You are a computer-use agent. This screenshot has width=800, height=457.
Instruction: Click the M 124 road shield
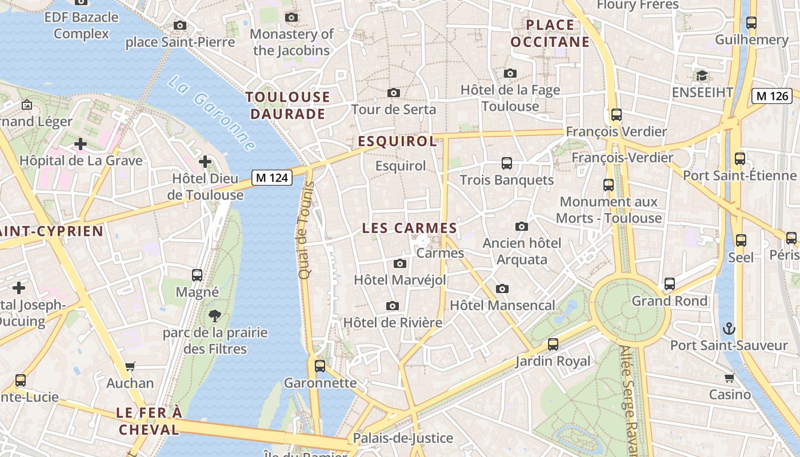tap(272, 178)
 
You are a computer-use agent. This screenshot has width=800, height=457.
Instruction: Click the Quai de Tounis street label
tap(306, 230)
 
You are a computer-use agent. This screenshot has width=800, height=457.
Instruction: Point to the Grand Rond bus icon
tap(669, 283)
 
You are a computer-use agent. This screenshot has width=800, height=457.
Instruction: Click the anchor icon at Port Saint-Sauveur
tap(729, 328)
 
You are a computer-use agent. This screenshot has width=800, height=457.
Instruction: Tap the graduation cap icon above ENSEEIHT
tap(702, 75)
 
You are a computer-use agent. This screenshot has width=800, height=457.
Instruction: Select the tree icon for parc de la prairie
tap(215, 315)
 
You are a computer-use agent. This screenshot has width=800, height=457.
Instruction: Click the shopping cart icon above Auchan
tap(130, 366)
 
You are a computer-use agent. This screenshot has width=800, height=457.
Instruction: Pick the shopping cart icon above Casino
tap(730, 378)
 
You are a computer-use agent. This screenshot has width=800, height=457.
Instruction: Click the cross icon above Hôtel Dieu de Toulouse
tap(205, 162)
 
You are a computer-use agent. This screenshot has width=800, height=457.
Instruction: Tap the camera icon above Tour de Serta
tap(393, 93)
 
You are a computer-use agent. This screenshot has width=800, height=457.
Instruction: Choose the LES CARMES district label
tap(410, 228)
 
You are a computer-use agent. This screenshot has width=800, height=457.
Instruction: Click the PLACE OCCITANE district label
tap(550, 33)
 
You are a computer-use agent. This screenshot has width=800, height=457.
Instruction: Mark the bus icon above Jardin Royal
tap(553, 344)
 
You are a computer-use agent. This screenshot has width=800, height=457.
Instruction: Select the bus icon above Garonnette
tap(320, 366)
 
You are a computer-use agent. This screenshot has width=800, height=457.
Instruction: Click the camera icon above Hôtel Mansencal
tap(502, 288)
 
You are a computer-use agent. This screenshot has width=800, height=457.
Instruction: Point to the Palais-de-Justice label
tap(403, 438)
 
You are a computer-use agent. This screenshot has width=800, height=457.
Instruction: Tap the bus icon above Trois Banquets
tap(506, 163)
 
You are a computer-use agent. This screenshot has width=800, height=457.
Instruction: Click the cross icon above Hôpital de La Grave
tap(81, 144)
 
